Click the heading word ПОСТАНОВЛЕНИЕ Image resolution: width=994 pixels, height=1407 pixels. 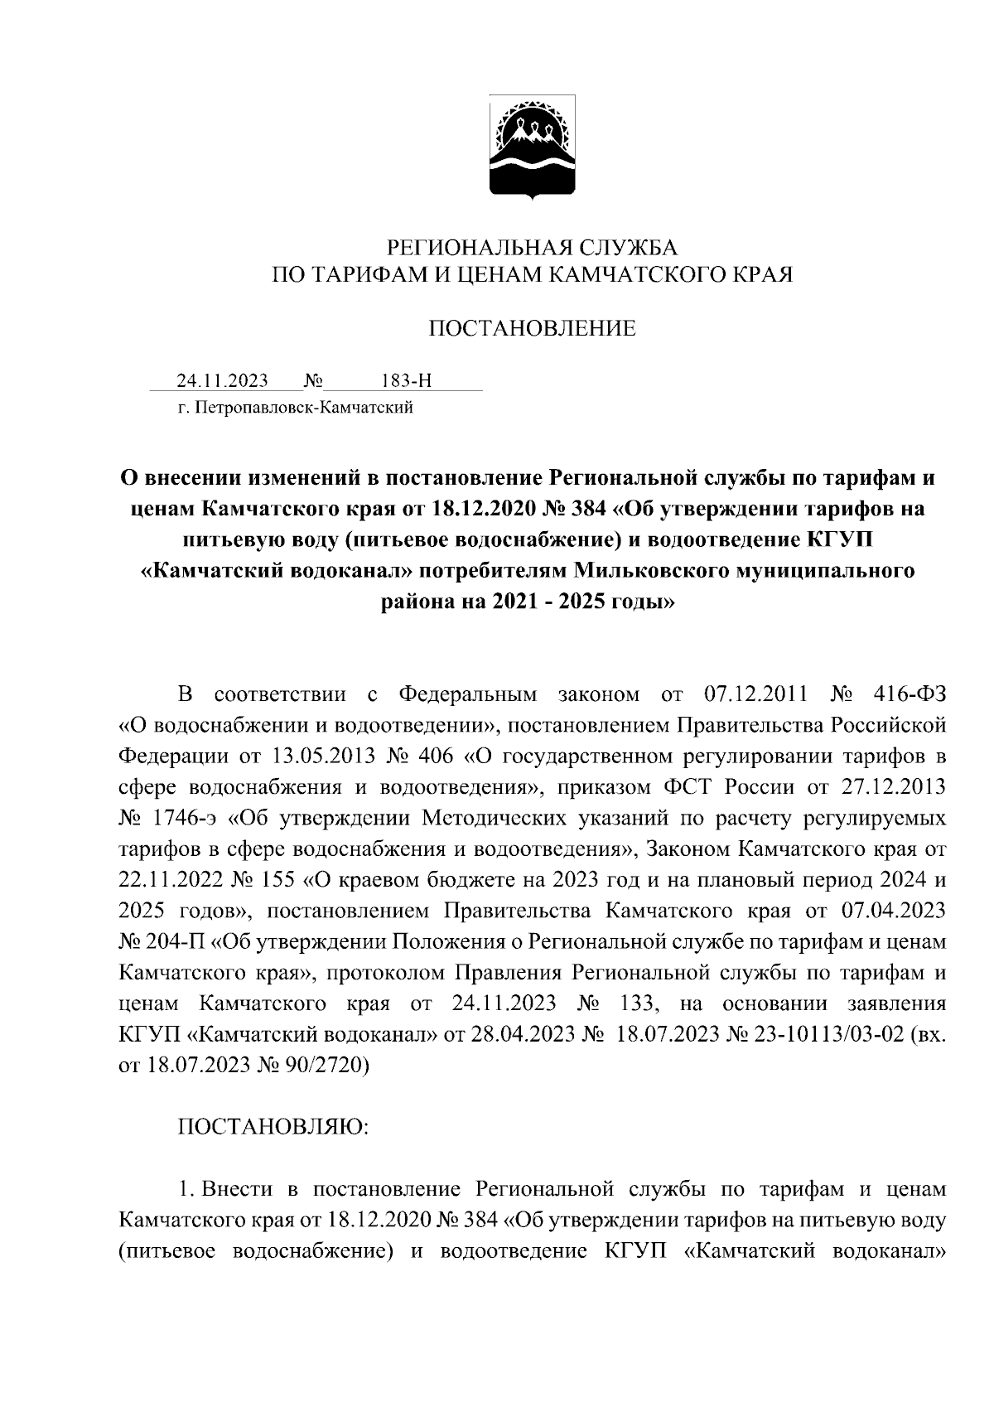[532, 329]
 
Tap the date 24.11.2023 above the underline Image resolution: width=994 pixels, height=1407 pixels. [222, 381]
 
